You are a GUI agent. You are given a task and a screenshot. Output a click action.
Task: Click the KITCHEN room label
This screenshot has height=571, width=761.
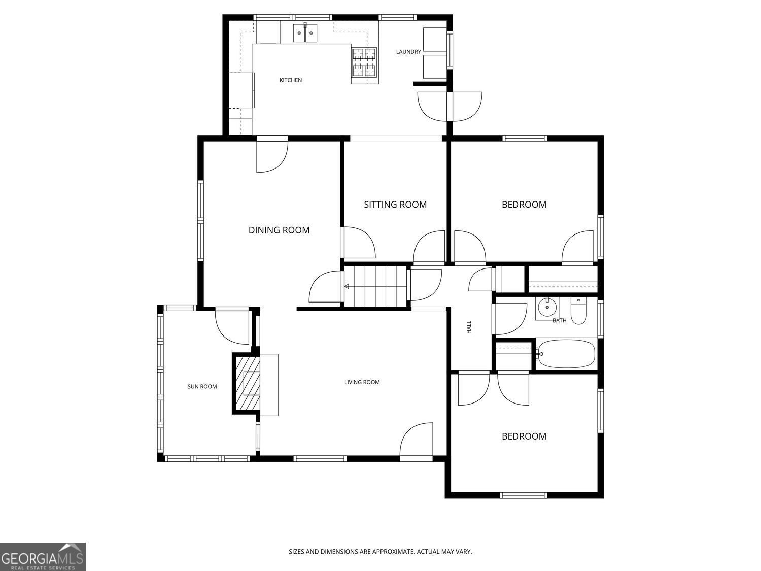click(x=291, y=80)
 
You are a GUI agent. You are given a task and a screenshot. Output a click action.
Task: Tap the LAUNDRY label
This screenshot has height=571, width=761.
click(x=408, y=52)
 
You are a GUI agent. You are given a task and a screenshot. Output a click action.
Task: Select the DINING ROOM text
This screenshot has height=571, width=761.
click(x=279, y=230)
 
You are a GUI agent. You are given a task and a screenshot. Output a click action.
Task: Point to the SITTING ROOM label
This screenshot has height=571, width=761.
click(x=395, y=205)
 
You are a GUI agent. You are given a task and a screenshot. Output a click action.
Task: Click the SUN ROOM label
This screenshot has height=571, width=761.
click(x=202, y=387)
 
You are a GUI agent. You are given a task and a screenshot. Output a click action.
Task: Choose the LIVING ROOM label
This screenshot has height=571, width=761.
click(x=362, y=382)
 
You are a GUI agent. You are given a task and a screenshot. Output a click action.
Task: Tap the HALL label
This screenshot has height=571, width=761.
click(x=469, y=327)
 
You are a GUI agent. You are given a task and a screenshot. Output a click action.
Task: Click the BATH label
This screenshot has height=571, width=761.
click(x=559, y=321)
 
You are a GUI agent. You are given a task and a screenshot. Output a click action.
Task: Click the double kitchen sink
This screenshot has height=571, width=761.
click(x=305, y=33)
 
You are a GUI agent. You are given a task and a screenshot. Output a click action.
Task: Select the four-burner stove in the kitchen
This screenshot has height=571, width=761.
click(x=365, y=62)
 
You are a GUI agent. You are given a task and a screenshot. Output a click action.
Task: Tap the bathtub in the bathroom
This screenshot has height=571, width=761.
click(x=566, y=354)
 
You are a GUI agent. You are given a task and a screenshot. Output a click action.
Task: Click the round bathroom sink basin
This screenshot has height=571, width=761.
click(x=547, y=308)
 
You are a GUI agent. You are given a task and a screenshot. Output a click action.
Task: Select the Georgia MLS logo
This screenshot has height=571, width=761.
click(x=43, y=557)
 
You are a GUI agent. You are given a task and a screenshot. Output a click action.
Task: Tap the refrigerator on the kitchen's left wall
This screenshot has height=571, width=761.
click(x=242, y=90)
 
